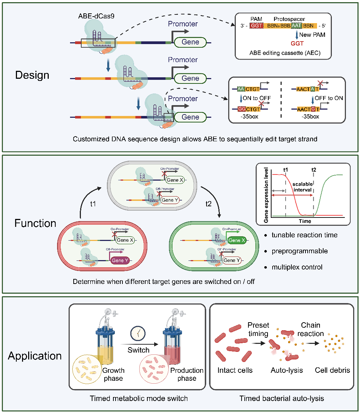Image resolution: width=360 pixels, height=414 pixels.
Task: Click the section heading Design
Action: click(32, 75)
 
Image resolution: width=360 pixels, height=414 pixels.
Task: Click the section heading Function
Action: click(35, 223)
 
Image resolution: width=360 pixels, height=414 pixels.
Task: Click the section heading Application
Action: click(35, 355)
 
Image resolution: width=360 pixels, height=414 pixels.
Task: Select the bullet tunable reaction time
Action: click(305, 235)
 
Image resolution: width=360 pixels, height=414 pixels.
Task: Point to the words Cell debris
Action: click(332, 370)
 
